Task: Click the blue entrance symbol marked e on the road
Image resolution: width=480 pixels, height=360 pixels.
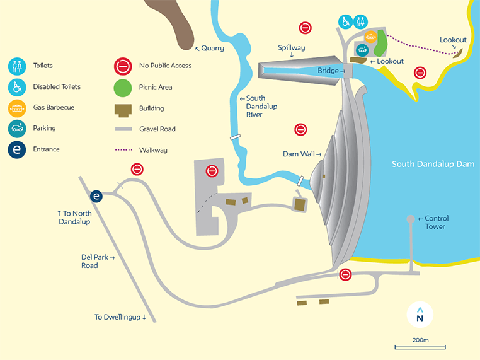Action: (x=96, y=196)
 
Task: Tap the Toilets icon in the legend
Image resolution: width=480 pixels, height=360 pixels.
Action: (x=17, y=66)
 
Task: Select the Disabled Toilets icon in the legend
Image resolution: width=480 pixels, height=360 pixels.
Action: (x=17, y=87)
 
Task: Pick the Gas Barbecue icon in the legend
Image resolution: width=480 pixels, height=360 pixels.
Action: (x=17, y=108)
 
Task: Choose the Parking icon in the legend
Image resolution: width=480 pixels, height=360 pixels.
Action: (x=17, y=129)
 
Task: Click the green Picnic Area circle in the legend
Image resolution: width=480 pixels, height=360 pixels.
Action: (x=122, y=87)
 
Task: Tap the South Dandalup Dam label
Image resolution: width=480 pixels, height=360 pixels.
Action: (x=433, y=164)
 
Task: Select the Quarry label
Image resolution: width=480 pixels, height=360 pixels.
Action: (x=210, y=48)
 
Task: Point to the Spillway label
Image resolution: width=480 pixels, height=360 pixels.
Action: (x=291, y=48)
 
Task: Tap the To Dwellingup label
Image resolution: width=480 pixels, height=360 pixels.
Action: (x=120, y=317)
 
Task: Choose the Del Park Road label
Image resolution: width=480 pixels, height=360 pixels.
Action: (x=98, y=261)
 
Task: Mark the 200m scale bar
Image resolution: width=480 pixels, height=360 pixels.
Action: (x=420, y=347)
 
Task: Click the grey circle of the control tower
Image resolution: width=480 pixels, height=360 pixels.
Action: (x=411, y=219)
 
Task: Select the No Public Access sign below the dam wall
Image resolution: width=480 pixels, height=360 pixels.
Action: (x=345, y=275)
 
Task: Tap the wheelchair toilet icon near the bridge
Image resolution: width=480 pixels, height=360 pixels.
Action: (x=345, y=22)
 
